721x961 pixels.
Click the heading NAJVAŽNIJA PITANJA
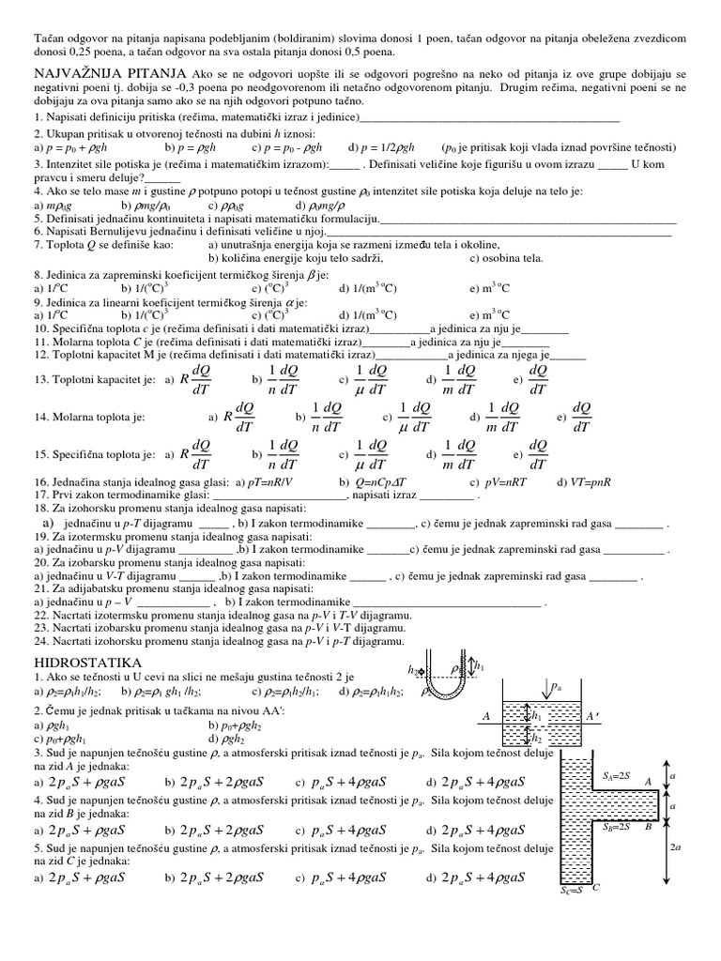coord(109,74)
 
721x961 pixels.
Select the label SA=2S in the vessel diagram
coord(617,777)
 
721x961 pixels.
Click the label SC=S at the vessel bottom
coord(572,887)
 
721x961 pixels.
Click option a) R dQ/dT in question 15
coord(189,454)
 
